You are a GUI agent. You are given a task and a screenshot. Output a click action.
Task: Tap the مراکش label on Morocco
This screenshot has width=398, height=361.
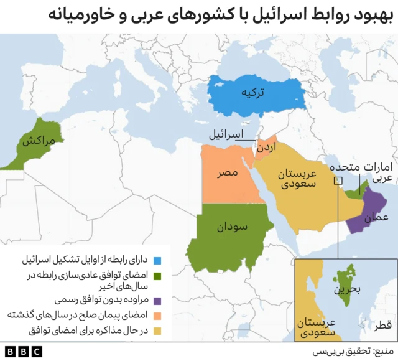(x=39, y=141)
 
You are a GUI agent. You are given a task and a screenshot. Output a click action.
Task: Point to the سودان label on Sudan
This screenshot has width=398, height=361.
(x=233, y=228)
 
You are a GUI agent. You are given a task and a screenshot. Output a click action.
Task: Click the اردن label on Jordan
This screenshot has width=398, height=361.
(x=265, y=148)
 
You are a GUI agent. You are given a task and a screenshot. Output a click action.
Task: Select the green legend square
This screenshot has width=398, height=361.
(x=157, y=275)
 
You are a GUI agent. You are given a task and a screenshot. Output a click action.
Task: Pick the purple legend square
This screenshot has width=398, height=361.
(x=157, y=299)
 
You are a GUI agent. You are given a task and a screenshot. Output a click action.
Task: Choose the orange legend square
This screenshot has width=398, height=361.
(x=157, y=315)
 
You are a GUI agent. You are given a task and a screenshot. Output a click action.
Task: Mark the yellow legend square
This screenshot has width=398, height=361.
(x=157, y=331)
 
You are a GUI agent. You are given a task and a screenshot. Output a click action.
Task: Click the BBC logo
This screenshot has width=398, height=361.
(x=24, y=352)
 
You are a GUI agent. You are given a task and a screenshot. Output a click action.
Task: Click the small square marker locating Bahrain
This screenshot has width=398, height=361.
(x=338, y=181)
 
